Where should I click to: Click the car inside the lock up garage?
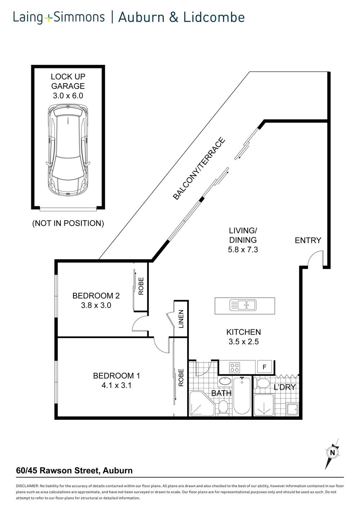(x=67, y=150)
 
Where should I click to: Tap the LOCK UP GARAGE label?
(x=68, y=81)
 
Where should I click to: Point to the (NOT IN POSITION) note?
(x=68, y=223)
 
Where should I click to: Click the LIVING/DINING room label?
(x=243, y=235)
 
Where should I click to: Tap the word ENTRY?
(x=308, y=240)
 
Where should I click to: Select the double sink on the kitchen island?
(x=243, y=305)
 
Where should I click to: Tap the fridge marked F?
(x=265, y=367)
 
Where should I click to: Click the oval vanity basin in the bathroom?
(x=226, y=381)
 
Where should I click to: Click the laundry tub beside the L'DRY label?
(x=292, y=409)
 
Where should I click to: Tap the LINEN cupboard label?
(x=181, y=319)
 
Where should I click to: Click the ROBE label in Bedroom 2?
(x=141, y=286)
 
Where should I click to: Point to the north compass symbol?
(x=332, y=452)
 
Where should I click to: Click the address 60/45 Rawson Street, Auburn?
(x=75, y=470)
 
